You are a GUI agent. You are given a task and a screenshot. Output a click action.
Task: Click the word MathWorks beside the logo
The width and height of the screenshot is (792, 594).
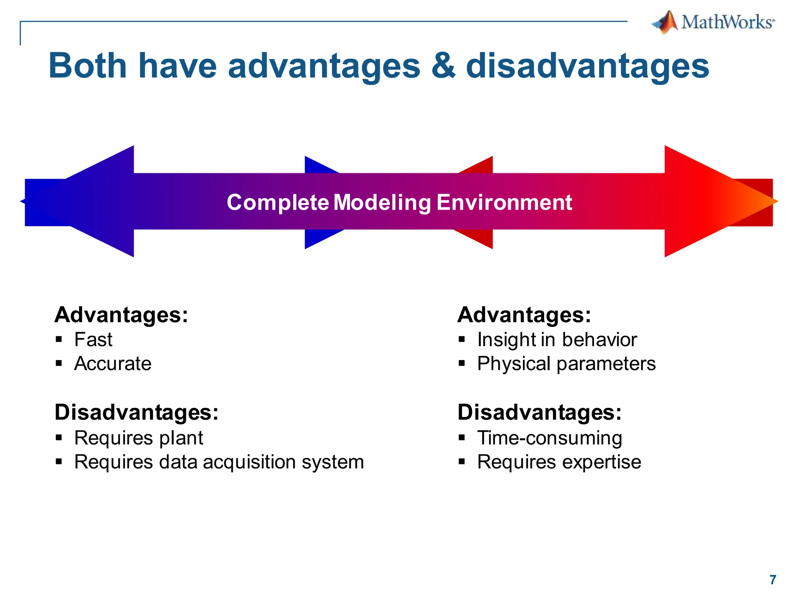pos(727,22)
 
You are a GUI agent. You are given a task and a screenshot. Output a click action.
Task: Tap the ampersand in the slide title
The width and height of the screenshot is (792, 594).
pos(443,66)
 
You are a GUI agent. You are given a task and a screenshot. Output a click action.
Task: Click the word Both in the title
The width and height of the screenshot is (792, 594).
pos(87,66)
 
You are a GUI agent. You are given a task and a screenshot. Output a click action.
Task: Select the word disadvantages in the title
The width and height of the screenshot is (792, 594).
pos(587,66)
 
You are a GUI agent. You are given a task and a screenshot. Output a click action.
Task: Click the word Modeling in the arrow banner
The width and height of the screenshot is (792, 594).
pos(382,202)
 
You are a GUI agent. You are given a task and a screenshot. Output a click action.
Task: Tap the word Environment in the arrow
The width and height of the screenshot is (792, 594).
pos(504,202)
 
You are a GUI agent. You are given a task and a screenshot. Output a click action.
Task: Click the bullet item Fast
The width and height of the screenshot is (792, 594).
pos(93,340)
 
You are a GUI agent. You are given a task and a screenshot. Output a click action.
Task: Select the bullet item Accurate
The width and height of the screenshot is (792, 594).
pos(113,364)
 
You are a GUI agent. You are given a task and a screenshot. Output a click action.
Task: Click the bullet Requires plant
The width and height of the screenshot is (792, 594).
pos(138,438)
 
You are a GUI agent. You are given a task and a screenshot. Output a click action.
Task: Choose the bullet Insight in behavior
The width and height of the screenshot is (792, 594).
pos(556,340)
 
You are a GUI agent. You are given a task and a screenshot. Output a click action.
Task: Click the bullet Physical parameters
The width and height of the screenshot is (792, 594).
pos(566,364)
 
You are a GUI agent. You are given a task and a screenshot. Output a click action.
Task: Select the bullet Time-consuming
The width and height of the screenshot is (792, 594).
pos(550,438)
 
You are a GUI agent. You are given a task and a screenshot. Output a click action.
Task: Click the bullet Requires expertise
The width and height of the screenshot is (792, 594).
pos(559,462)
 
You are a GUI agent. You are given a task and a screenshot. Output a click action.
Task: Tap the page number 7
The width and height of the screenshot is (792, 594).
pos(773,580)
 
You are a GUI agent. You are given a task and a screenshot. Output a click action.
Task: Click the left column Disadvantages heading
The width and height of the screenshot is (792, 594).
pos(137,412)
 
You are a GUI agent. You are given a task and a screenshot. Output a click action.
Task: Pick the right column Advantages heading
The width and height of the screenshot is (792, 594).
pos(524,315)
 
